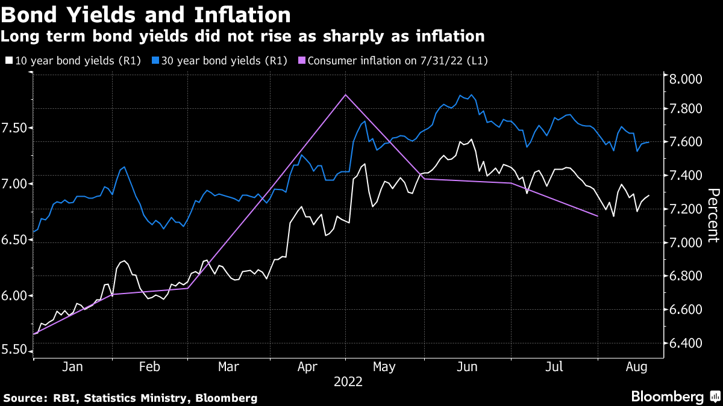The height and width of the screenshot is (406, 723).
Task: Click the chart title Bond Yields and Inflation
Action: tap(146, 14)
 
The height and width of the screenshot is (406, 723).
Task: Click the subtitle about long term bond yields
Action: tap(242, 36)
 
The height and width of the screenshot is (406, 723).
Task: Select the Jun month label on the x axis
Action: tap(467, 366)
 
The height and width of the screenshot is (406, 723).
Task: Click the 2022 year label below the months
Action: tap(348, 381)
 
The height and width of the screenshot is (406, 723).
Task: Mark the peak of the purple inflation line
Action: tap(345, 95)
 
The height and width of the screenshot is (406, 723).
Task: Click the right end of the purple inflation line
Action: tap(597, 215)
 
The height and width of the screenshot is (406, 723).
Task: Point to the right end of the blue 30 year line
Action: tap(648, 143)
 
